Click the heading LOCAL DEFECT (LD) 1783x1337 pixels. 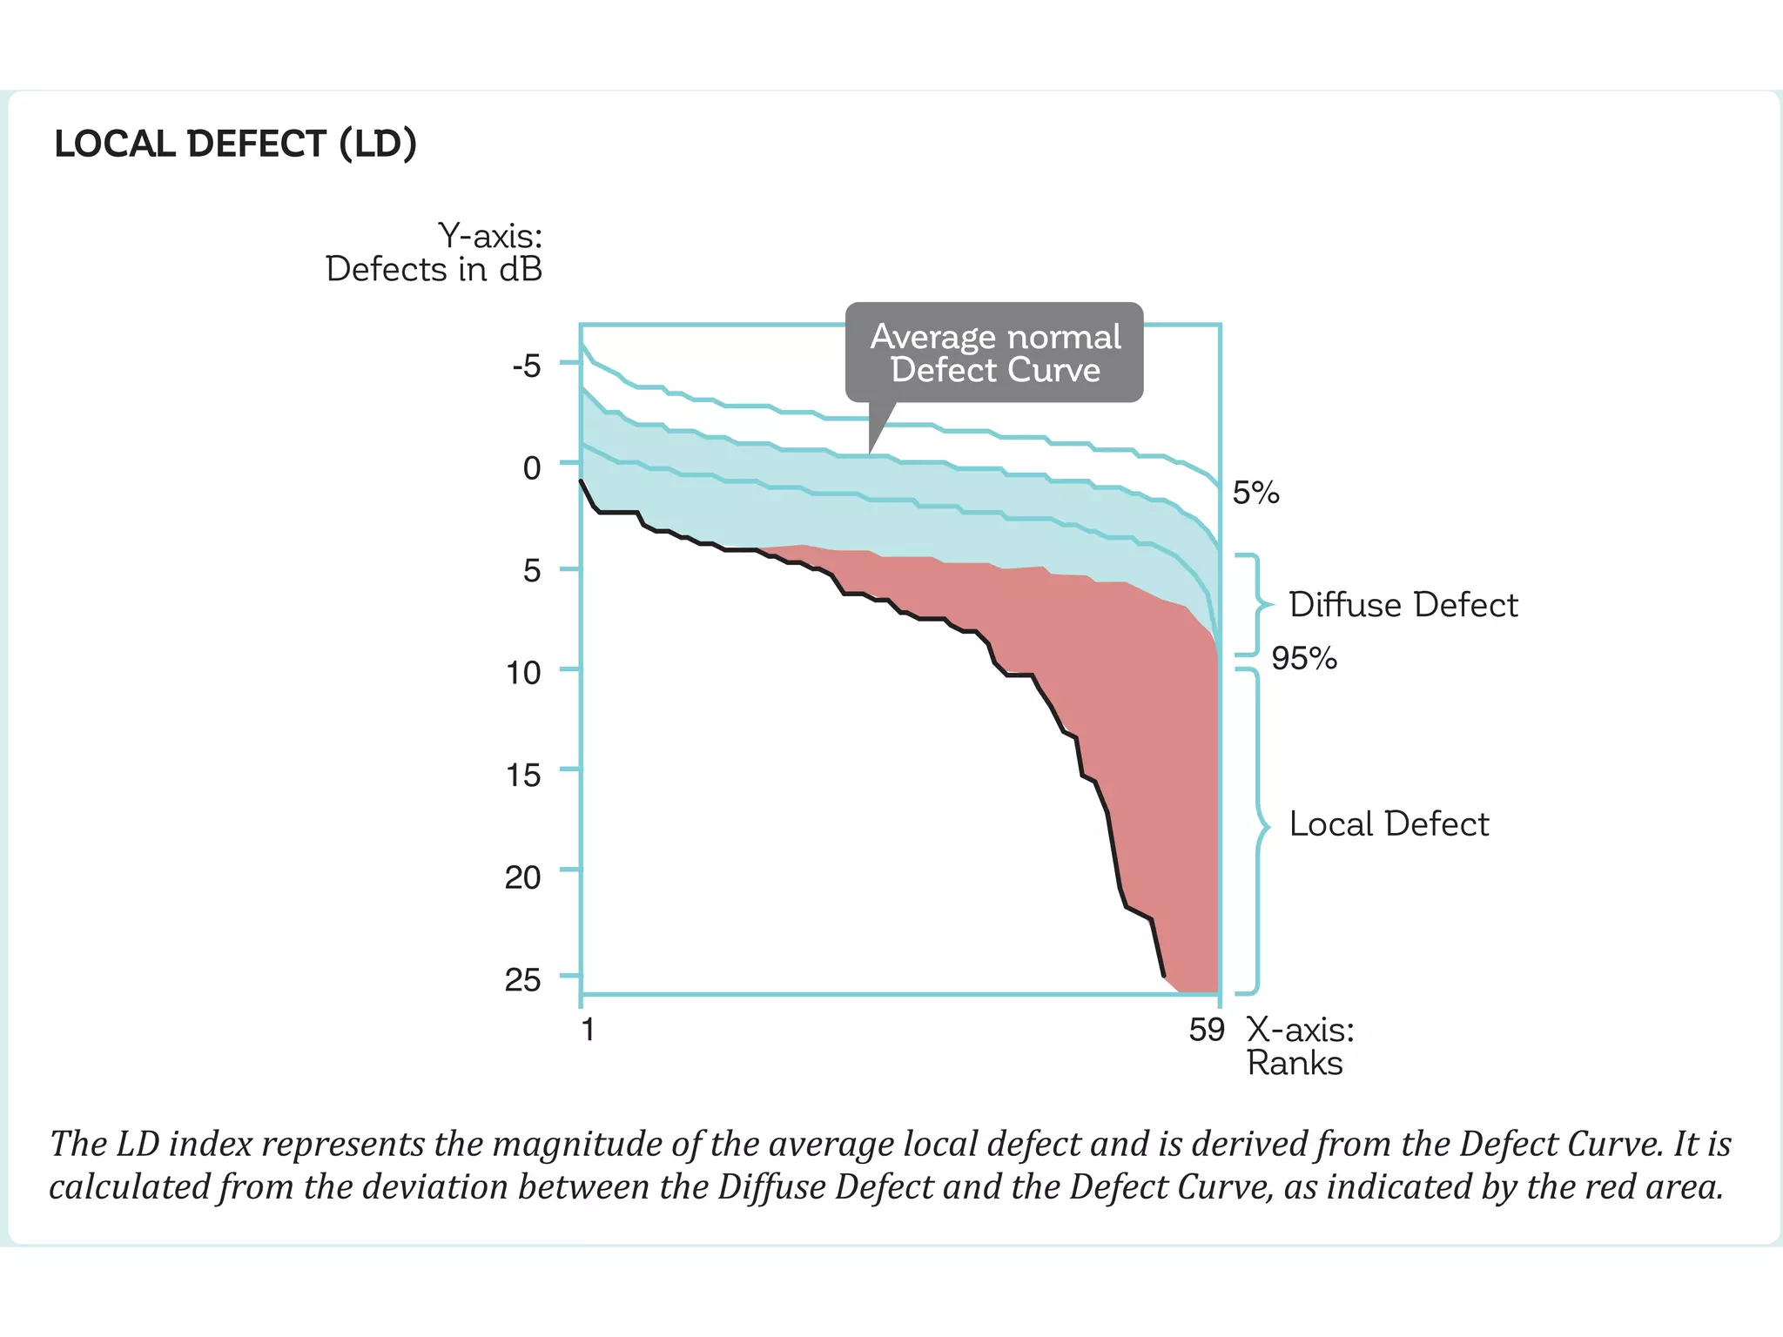tap(235, 144)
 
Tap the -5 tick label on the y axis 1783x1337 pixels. tap(527, 366)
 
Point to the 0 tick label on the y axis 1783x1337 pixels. tap(531, 468)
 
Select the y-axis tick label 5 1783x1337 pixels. tap(531, 571)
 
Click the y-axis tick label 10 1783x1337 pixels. tap(524, 673)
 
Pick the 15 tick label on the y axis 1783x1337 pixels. tap(523, 775)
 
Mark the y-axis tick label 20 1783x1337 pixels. tap(523, 877)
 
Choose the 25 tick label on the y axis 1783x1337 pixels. tap(523, 980)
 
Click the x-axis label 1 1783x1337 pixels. tap(589, 1030)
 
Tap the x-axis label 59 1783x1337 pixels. tap(1207, 1031)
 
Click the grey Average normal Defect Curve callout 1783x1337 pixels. tap(994, 353)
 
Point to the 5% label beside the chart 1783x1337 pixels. tap(1255, 494)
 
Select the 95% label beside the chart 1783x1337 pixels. tap(1303, 658)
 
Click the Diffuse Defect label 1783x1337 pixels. tap(1403, 605)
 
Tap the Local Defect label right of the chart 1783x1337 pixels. tap(1389, 824)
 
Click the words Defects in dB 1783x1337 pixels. tap(434, 270)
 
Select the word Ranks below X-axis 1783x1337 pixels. tap(1294, 1064)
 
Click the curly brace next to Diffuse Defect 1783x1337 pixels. tap(1255, 604)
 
